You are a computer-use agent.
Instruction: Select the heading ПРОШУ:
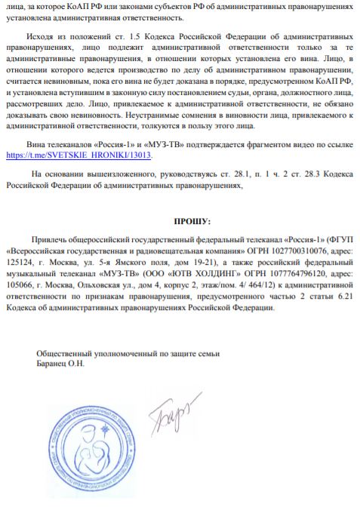coord(193,222)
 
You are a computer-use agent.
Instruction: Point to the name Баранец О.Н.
coord(61,363)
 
